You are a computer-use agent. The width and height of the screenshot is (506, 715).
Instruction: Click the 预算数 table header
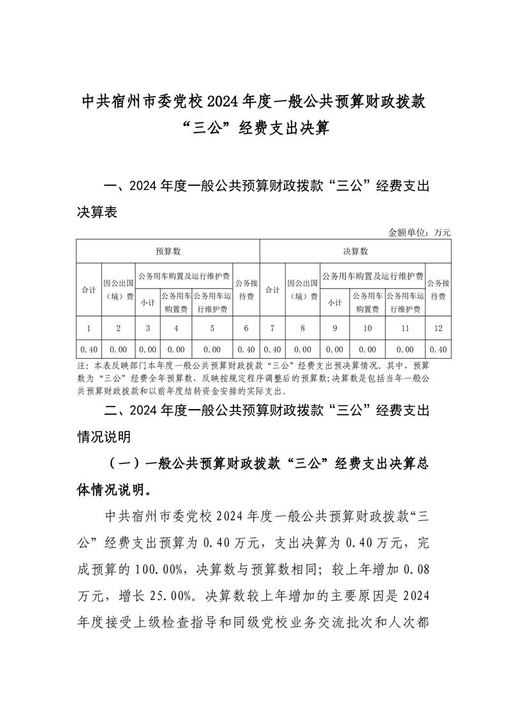pyautogui.click(x=168, y=252)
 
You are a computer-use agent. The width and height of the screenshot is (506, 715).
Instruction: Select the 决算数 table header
pyautogui.click(x=355, y=252)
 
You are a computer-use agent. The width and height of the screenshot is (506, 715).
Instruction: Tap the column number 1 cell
pyautogui.click(x=89, y=328)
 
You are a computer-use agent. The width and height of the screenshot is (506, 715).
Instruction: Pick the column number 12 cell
pyautogui.click(x=438, y=328)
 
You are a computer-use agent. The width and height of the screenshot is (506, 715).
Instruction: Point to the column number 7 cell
pyautogui.click(x=272, y=328)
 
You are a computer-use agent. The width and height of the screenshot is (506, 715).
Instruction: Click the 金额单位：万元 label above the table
pyautogui.click(x=419, y=233)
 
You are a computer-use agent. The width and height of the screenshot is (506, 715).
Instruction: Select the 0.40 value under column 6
pyautogui.click(x=246, y=349)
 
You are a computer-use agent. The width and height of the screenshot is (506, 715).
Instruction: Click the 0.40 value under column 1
pyautogui.click(x=89, y=349)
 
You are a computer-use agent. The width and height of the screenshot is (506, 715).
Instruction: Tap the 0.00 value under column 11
pyautogui.click(x=405, y=349)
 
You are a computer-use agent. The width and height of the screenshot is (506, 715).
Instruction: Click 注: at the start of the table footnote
pyautogui.click(x=82, y=366)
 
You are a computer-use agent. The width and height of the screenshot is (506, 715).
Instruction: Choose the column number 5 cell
pyautogui.click(x=212, y=328)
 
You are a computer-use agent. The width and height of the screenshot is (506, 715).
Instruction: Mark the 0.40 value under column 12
pyautogui.click(x=438, y=349)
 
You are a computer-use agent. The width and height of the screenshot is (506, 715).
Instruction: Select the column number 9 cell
pyautogui.click(x=335, y=328)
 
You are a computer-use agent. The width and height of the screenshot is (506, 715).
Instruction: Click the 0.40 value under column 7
pyautogui.click(x=272, y=349)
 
